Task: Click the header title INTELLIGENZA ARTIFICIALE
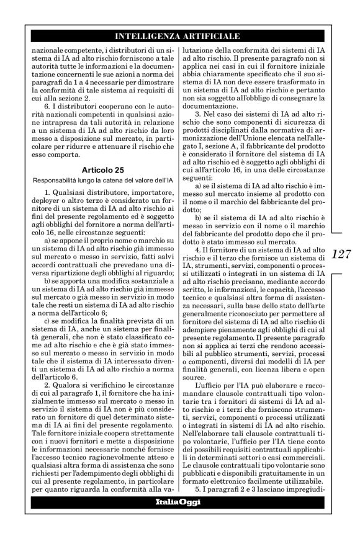(179, 37)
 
